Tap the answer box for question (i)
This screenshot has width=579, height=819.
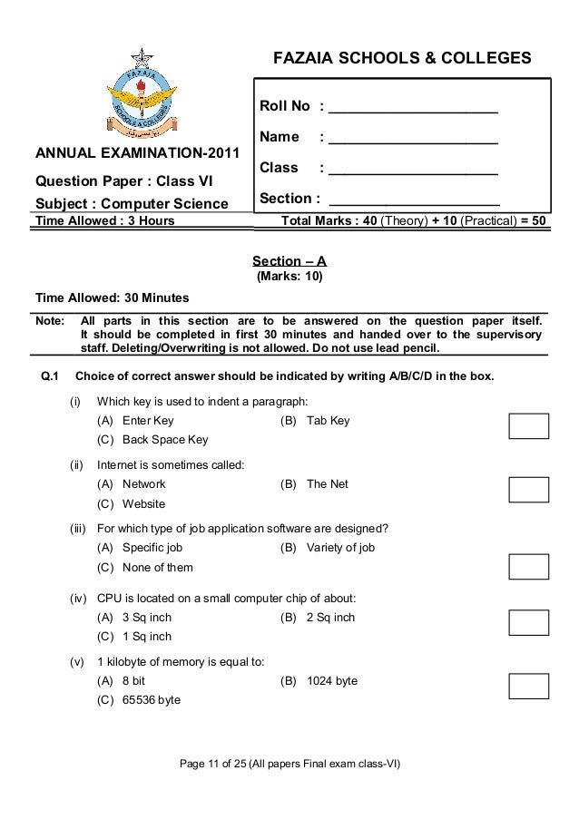tap(529, 425)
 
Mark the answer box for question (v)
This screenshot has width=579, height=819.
tap(529, 685)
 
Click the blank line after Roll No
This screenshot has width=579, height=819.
tap(413, 108)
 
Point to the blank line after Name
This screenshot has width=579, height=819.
tap(413, 138)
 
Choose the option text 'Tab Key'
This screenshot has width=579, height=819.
tap(328, 421)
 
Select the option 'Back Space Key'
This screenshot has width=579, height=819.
tap(165, 440)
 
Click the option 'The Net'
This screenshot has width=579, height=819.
tap(328, 484)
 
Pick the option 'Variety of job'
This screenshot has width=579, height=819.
tap(340, 548)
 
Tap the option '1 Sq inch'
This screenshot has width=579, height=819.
tap(147, 637)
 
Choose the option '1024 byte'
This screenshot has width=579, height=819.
tap(332, 681)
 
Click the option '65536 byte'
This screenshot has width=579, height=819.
tap(152, 700)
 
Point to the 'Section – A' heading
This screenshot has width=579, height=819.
tap(289, 260)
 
